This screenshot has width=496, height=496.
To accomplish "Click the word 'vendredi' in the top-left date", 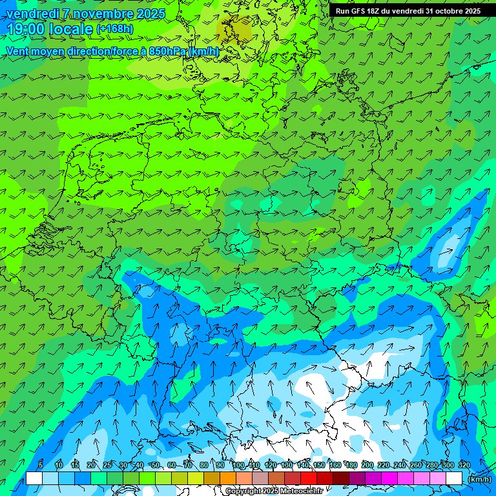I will (30, 14).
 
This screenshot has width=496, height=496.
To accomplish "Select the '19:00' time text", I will (25, 29).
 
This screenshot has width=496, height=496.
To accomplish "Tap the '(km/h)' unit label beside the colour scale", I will (479, 479).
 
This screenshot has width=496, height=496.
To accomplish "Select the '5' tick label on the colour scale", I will (41, 465).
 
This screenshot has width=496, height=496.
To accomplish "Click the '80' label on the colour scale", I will (204, 465).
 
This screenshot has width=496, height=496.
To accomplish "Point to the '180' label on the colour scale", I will (351, 465).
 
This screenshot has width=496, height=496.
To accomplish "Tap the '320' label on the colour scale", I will (464, 465).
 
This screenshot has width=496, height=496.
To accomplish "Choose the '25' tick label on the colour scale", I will (107, 465).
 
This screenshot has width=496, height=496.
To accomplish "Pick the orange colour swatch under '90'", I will (228, 479).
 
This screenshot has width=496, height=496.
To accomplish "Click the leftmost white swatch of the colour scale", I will (34, 479).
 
